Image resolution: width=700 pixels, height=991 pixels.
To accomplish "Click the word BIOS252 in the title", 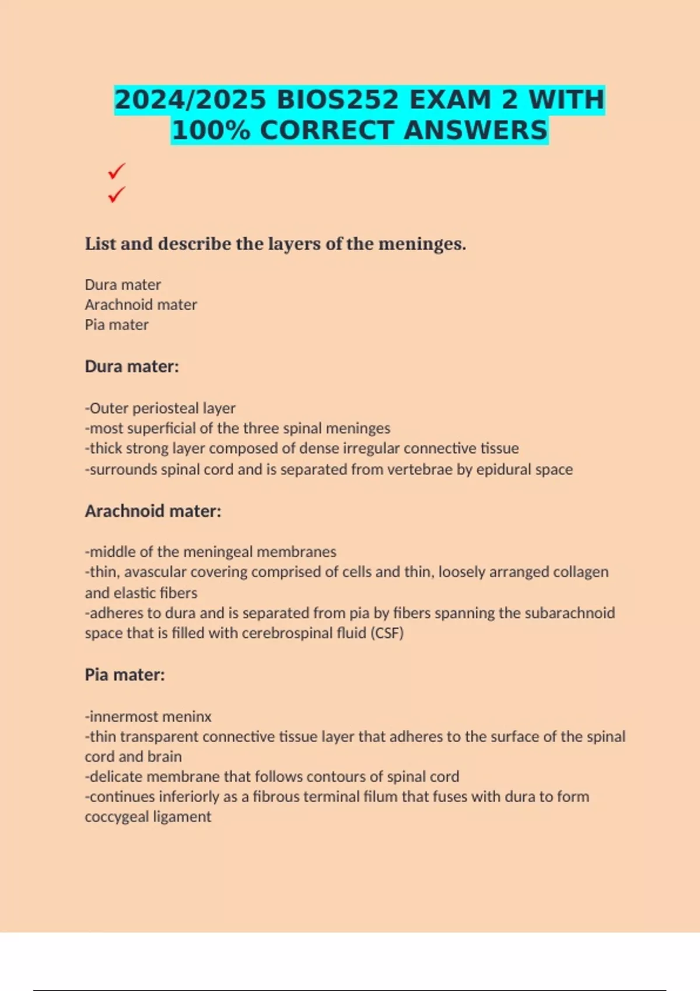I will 338,100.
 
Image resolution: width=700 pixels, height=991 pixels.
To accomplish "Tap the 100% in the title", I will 211,130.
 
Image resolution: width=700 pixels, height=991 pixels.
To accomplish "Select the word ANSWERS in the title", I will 475,130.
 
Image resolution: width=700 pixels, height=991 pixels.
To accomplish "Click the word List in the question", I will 100,244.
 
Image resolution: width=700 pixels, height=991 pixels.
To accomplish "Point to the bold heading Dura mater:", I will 132,367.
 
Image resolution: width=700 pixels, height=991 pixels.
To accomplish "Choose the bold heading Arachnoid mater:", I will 153,511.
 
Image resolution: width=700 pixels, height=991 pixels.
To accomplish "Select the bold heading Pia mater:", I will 125,675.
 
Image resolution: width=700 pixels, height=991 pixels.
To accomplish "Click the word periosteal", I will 166,408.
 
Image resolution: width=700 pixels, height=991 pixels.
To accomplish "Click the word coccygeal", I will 112,817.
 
